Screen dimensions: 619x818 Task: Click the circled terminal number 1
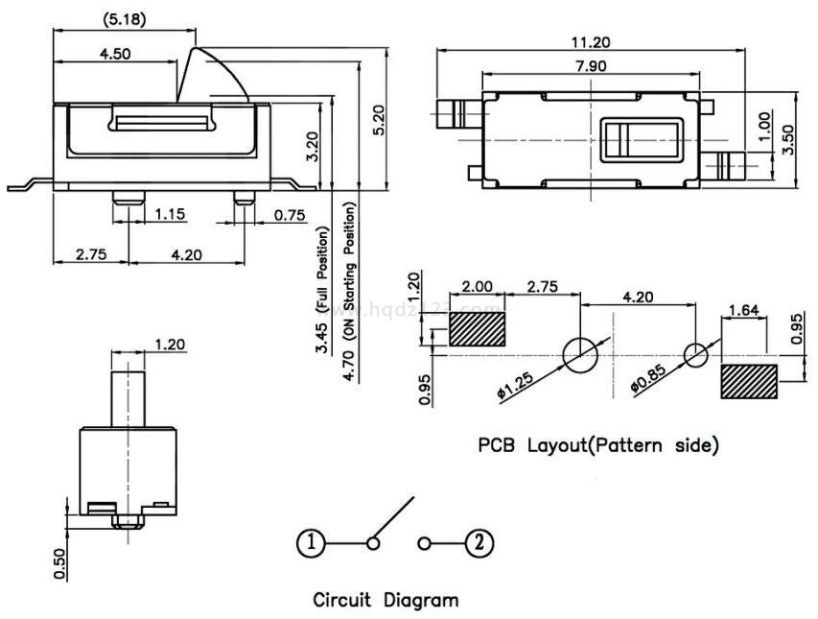pos(310,543)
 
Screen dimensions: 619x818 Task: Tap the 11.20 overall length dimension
pos(592,43)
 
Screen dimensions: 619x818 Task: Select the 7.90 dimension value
pos(590,66)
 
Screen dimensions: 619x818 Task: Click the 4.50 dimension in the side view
pos(115,54)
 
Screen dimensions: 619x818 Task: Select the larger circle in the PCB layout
pos(579,355)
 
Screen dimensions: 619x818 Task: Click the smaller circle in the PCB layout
pos(696,354)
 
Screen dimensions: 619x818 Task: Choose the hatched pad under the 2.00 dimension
pos(477,327)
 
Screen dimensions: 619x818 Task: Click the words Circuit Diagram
pos(386,601)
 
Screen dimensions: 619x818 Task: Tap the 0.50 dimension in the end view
pos(60,562)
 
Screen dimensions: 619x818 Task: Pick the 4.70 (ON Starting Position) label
pos(350,278)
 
